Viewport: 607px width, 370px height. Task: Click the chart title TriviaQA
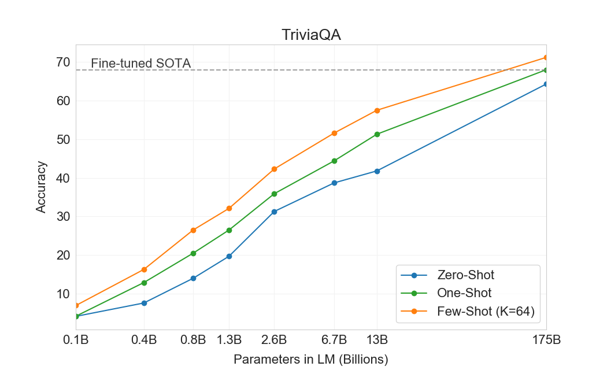point(311,35)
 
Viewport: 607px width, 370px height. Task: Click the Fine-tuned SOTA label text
point(140,63)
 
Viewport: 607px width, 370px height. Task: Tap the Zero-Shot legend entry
point(466,275)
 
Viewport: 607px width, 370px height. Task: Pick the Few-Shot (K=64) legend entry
point(486,312)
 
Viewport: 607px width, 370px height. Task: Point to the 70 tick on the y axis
point(63,62)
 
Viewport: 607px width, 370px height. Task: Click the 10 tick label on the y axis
point(63,294)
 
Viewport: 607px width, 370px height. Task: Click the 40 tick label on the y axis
point(63,178)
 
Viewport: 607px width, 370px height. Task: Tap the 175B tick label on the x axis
point(546,339)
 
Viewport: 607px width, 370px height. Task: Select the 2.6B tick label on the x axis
point(274,339)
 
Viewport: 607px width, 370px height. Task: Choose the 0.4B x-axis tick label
point(144,339)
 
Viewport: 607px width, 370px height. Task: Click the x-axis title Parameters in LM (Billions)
point(311,359)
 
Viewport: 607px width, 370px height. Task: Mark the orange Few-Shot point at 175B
point(546,57)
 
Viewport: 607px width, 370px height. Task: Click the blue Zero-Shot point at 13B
point(377,171)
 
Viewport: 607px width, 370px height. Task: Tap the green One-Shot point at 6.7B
point(334,161)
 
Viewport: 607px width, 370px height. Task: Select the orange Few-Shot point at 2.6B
point(274,169)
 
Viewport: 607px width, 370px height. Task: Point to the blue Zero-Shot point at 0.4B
point(144,303)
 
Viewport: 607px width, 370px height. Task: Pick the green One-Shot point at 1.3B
point(229,230)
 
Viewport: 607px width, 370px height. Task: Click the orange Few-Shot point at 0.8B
point(193,230)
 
